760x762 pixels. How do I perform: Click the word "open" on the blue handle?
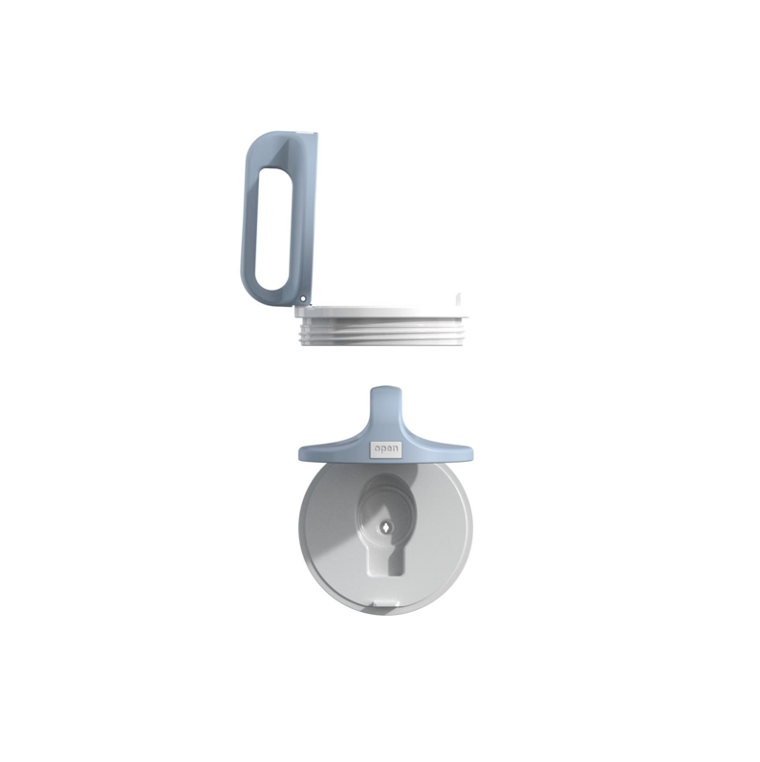pyautogui.click(x=386, y=449)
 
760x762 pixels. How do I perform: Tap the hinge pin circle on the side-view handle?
pyautogui.click(x=303, y=299)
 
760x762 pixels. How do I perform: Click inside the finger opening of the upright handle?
pyautogui.click(x=273, y=229)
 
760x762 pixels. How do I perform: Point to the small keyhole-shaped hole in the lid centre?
pyautogui.click(x=385, y=527)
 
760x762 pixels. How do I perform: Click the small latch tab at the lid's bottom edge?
pyautogui.click(x=386, y=604)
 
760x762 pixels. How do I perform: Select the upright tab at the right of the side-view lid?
pyautogui.click(x=457, y=301)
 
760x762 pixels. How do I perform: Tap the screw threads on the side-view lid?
pyautogui.click(x=382, y=333)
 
